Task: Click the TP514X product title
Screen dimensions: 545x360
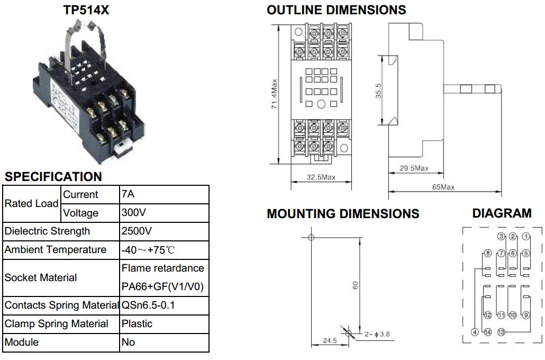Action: point(86,10)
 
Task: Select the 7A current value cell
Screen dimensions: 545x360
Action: point(128,194)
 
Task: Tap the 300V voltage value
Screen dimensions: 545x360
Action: point(134,212)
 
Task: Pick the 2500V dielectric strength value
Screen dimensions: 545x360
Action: point(137,231)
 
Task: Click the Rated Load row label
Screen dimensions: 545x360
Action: point(31,203)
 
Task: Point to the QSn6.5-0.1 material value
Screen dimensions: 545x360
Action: point(148,305)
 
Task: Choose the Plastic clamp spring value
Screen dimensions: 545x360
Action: point(137,324)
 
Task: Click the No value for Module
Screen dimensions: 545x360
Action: point(128,342)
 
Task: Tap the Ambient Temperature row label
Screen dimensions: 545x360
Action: point(56,250)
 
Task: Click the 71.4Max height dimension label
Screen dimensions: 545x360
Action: point(275,94)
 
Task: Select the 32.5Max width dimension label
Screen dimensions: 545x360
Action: point(321,177)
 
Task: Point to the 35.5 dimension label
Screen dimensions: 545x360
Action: point(378,91)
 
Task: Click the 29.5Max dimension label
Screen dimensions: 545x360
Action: point(414,168)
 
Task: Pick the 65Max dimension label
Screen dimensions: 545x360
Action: point(443,187)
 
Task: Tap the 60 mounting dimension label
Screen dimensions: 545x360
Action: point(355,285)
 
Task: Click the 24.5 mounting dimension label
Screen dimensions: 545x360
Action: point(330,340)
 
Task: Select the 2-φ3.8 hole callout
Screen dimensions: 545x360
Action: point(377,334)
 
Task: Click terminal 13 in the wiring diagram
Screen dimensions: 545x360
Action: point(501,332)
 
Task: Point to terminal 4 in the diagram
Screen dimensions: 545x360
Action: point(475,332)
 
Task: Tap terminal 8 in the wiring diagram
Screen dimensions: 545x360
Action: point(488,253)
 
